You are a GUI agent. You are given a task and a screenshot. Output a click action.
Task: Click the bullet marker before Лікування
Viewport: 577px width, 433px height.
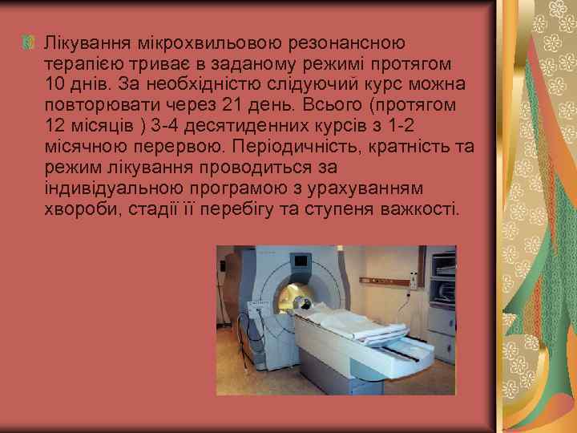tap(30, 39)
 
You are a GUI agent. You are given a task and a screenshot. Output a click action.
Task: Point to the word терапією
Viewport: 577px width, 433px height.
tap(80, 62)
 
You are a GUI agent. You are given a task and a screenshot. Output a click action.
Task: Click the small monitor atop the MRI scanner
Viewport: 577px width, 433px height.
tap(300, 261)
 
